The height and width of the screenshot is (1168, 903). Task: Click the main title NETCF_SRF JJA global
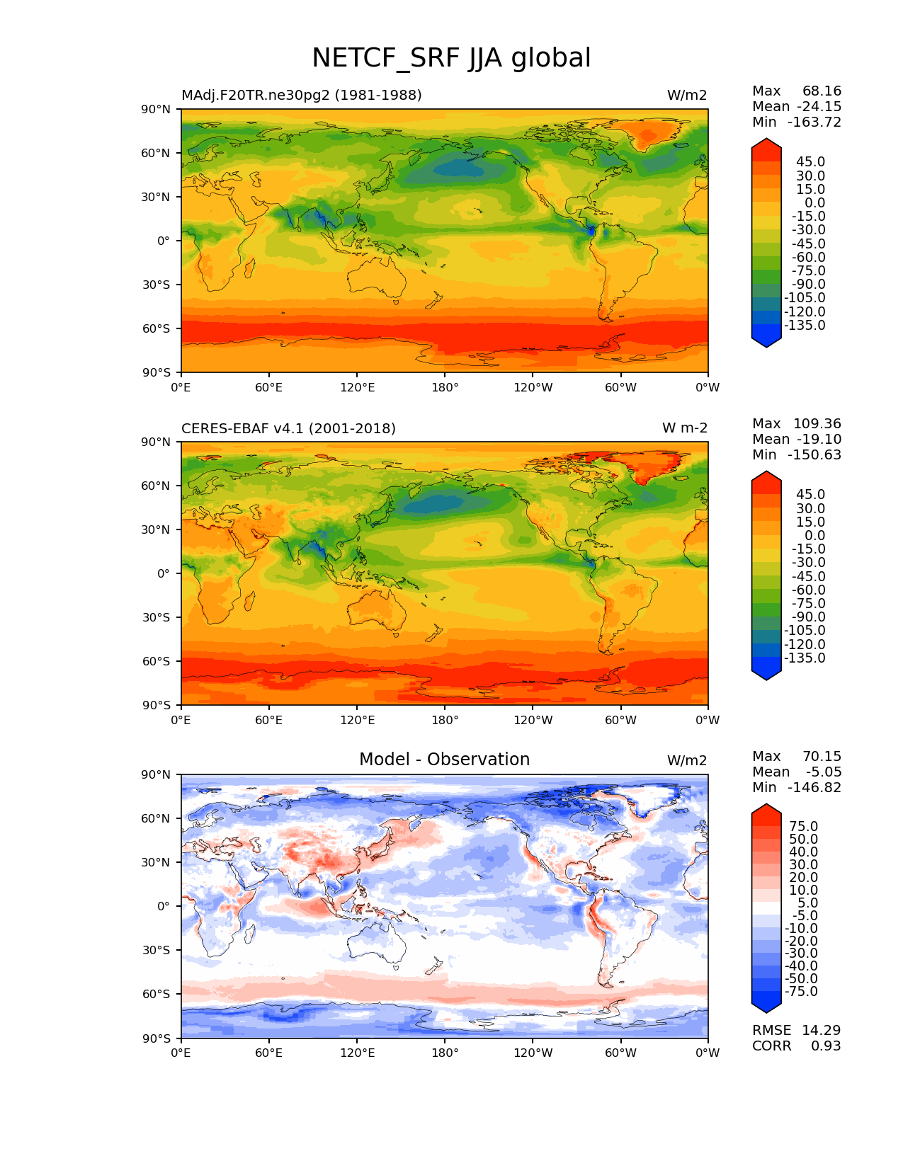[451, 58]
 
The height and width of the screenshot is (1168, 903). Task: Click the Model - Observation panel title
[444, 760]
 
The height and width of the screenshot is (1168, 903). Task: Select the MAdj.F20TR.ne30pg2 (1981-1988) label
[301, 96]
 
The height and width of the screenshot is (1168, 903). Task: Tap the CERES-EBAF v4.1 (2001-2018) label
[288, 428]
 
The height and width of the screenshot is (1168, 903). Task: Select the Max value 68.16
[822, 91]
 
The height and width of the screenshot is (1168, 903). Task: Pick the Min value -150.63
[814, 454]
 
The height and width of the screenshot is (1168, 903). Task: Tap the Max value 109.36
[817, 423]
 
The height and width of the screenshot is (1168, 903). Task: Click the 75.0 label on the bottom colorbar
[803, 826]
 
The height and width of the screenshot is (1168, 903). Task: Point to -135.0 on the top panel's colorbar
[805, 326]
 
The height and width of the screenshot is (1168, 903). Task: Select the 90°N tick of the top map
[156, 109]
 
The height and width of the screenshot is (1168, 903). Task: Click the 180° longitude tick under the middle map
[445, 721]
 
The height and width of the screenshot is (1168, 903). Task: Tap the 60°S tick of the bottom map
[156, 994]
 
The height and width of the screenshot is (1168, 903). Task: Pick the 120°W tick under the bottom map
[533, 1053]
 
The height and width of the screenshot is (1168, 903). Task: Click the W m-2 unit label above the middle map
[684, 428]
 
